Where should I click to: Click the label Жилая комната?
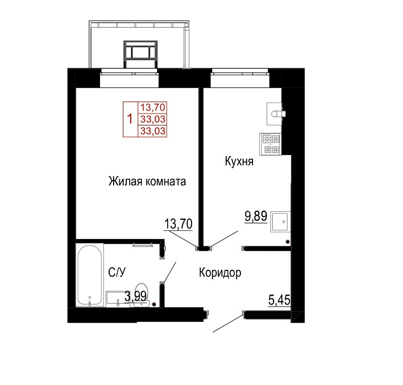[147, 181]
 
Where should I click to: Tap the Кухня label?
[239, 162]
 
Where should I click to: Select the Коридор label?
[220, 273]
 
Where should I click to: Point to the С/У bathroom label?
[117, 272]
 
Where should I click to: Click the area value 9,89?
[256, 216]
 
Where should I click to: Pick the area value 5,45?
[279, 300]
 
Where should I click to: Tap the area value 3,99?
[135, 296]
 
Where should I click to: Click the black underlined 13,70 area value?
[178, 224]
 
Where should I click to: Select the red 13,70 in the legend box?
[153, 107]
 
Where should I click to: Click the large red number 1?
[130, 119]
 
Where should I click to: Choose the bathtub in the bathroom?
[89, 275]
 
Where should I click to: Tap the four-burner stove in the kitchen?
[270, 144]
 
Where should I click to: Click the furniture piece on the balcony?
[140, 54]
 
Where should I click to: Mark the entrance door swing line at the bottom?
[228, 322]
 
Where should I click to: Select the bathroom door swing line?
[170, 272]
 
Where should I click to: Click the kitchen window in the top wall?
[239, 78]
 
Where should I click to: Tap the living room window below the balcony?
[129, 78]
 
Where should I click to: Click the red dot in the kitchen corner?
[287, 242]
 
